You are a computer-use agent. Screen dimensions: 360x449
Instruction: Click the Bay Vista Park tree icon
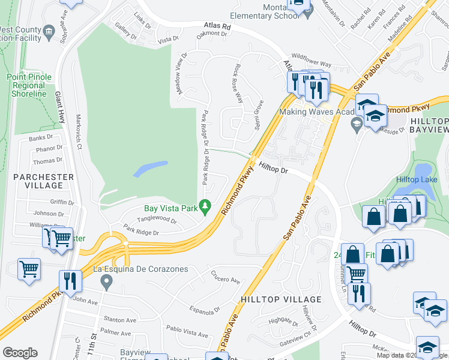click(205, 208)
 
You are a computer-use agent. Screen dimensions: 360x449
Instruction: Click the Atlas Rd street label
click(217, 26)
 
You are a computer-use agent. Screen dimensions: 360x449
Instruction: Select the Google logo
click(20, 353)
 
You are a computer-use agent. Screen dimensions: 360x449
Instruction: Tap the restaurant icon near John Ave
click(71, 281)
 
